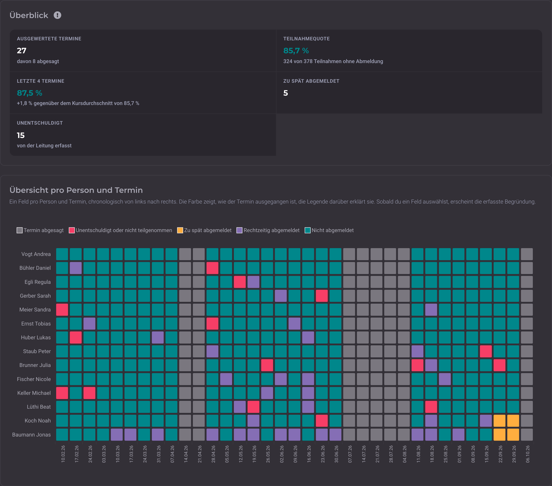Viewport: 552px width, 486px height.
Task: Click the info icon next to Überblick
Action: coord(57,15)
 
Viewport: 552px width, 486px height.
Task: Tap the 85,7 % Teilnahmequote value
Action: coord(296,50)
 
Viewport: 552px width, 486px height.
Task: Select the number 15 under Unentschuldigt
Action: coord(21,135)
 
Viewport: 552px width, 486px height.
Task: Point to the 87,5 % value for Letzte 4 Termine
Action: coord(30,93)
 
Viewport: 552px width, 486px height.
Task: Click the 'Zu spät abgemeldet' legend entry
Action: coord(204,230)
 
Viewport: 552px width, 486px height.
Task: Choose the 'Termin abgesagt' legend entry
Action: coord(40,230)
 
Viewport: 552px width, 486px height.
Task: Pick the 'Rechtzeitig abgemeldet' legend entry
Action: coord(268,230)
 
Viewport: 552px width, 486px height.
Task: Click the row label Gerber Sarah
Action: coord(35,296)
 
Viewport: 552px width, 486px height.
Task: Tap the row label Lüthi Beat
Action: coord(39,407)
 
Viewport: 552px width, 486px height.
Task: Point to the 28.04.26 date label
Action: coord(213,454)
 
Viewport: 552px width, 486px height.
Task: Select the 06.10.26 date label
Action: coord(528,454)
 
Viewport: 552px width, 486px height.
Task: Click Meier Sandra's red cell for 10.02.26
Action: coord(62,310)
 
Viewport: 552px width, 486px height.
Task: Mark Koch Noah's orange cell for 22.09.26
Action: coord(499,421)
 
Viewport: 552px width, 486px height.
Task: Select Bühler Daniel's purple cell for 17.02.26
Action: coord(76,268)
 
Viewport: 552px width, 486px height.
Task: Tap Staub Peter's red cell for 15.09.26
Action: coord(486,351)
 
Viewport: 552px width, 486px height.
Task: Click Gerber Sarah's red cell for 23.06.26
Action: coord(322,296)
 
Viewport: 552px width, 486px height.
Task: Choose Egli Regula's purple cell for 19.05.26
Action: coord(253,282)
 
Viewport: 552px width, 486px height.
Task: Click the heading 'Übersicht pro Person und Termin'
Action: coord(76,190)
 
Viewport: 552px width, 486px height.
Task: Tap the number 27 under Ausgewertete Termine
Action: coord(22,50)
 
